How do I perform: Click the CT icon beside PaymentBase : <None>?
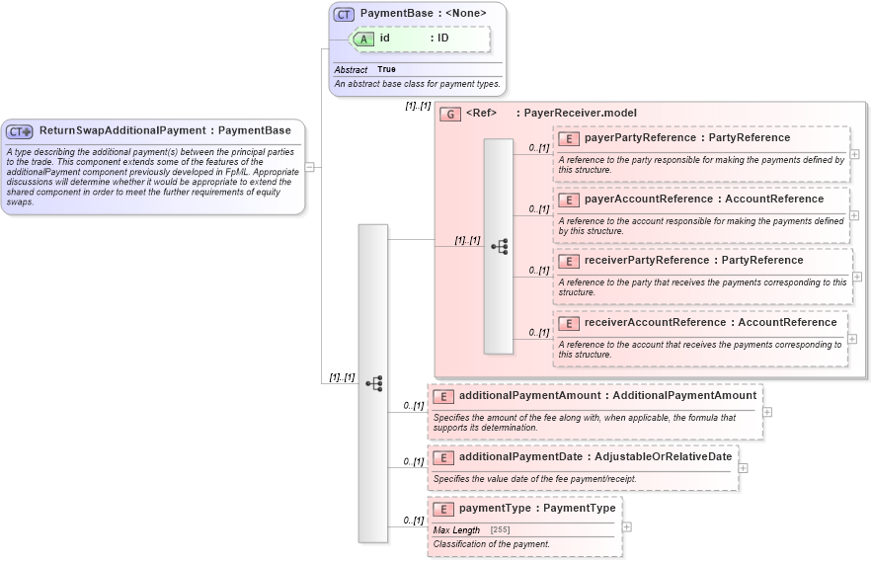pos(344,14)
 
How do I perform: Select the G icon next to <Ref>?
pos(450,114)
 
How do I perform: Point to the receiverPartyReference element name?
pos(651,261)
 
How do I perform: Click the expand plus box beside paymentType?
pos(626,526)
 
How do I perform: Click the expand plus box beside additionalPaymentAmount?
pos(766,412)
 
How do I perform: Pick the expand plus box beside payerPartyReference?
pos(853,154)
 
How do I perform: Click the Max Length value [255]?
pos(500,530)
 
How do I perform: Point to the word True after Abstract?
pos(386,70)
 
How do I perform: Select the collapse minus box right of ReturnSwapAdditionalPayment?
pos(309,167)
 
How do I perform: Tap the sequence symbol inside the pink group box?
pos(499,246)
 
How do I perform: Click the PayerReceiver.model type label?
pos(580,113)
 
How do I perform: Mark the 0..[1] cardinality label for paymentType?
pos(413,521)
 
